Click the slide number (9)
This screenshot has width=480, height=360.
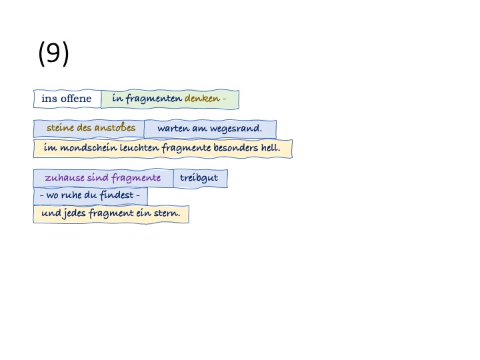pos(53,54)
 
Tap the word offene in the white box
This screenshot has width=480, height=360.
pos(76,99)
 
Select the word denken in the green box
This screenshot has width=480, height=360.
pos(202,99)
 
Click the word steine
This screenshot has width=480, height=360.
pos(59,128)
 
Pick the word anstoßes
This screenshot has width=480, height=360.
pos(115,128)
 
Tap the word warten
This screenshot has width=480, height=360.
pos(172,129)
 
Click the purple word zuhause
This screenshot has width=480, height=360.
pos(63,178)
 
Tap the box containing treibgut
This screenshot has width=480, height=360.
pos(200,178)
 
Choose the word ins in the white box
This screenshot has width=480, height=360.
pos(49,99)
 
